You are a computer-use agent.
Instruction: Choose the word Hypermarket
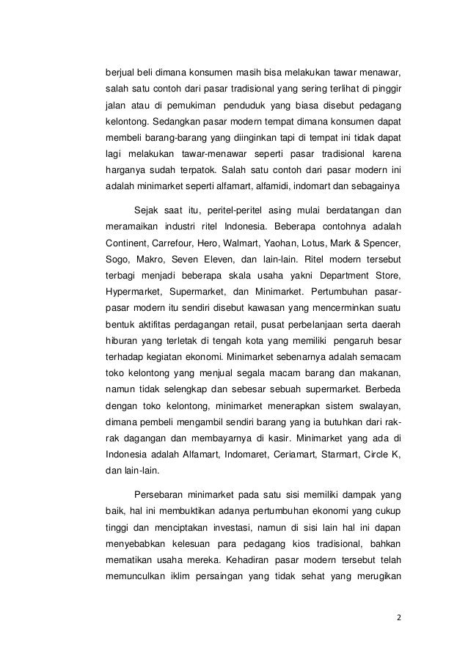tap(135, 295)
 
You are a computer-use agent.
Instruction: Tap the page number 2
tap(398, 617)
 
